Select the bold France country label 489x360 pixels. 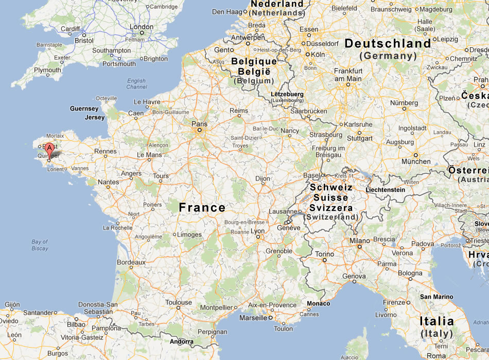[x=202, y=208]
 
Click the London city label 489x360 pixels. [x=142, y=27]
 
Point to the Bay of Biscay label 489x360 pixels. [x=40, y=245]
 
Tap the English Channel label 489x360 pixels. [x=136, y=84]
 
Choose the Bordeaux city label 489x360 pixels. [x=131, y=262]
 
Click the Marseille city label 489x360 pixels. [x=253, y=318]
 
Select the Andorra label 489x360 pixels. [x=182, y=342]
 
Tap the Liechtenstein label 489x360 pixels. [x=386, y=190]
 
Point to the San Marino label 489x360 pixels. [x=436, y=297]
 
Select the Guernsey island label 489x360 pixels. [x=84, y=109]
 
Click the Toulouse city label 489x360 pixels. [x=178, y=303]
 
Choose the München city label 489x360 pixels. [x=416, y=161]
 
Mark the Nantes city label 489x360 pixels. [x=108, y=182]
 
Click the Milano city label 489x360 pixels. [x=360, y=241]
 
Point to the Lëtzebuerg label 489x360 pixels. [x=287, y=95]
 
